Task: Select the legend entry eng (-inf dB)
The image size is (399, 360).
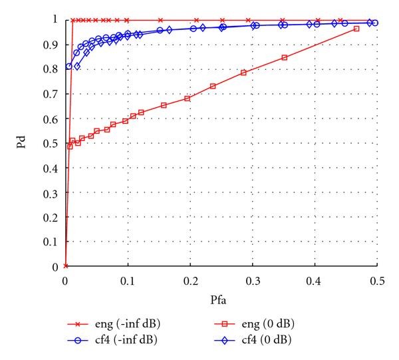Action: coord(117,324)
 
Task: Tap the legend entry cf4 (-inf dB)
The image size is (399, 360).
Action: coord(117,339)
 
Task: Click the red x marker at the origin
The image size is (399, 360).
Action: coord(65,266)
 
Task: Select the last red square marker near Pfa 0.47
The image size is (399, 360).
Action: coord(356,29)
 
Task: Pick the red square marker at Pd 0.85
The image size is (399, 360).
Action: coord(285,58)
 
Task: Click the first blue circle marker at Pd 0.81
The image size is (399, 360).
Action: coord(68,67)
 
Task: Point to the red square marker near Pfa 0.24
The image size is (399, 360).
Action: coord(213,86)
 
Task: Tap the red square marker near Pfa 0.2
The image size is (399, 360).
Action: coord(188,98)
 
